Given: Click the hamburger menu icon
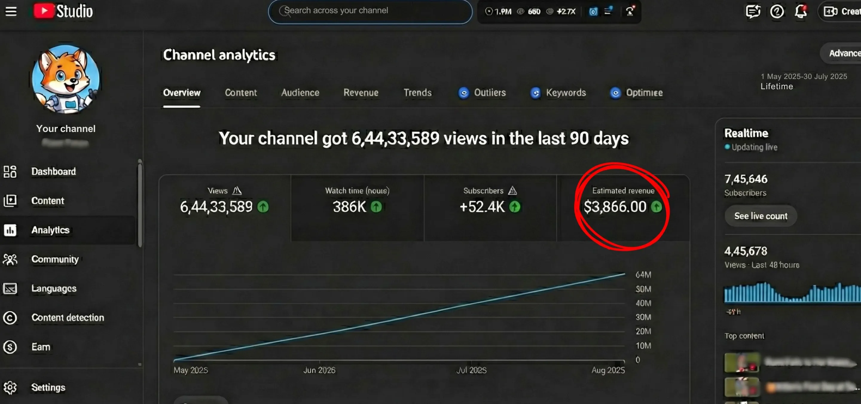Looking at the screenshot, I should pyautogui.click(x=11, y=11).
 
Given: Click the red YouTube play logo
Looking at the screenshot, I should pyautogui.click(x=43, y=11).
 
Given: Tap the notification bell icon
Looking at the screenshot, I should pyautogui.click(x=801, y=12).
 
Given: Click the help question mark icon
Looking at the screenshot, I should pyautogui.click(x=777, y=12).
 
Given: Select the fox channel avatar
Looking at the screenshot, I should pyautogui.click(x=66, y=79).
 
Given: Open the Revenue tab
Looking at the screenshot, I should pyautogui.click(x=361, y=93).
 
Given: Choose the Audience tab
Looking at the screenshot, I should pyautogui.click(x=300, y=93).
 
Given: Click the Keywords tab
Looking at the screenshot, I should pyautogui.click(x=566, y=93).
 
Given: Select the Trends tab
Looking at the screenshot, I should pyautogui.click(x=417, y=93).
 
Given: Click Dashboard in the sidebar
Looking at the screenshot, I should pyautogui.click(x=54, y=171).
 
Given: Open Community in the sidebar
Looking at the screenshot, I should pyautogui.click(x=55, y=259).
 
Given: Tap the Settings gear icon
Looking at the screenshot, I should pyautogui.click(x=10, y=387).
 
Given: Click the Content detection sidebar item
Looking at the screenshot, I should pyautogui.click(x=68, y=318).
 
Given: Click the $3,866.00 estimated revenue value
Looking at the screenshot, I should pyautogui.click(x=615, y=207).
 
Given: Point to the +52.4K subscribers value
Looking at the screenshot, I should pyautogui.click(x=482, y=207).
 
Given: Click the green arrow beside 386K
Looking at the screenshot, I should pyautogui.click(x=376, y=207).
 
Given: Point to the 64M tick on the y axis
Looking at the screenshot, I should pyautogui.click(x=643, y=275).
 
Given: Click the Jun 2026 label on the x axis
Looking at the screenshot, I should pyautogui.click(x=319, y=370).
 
